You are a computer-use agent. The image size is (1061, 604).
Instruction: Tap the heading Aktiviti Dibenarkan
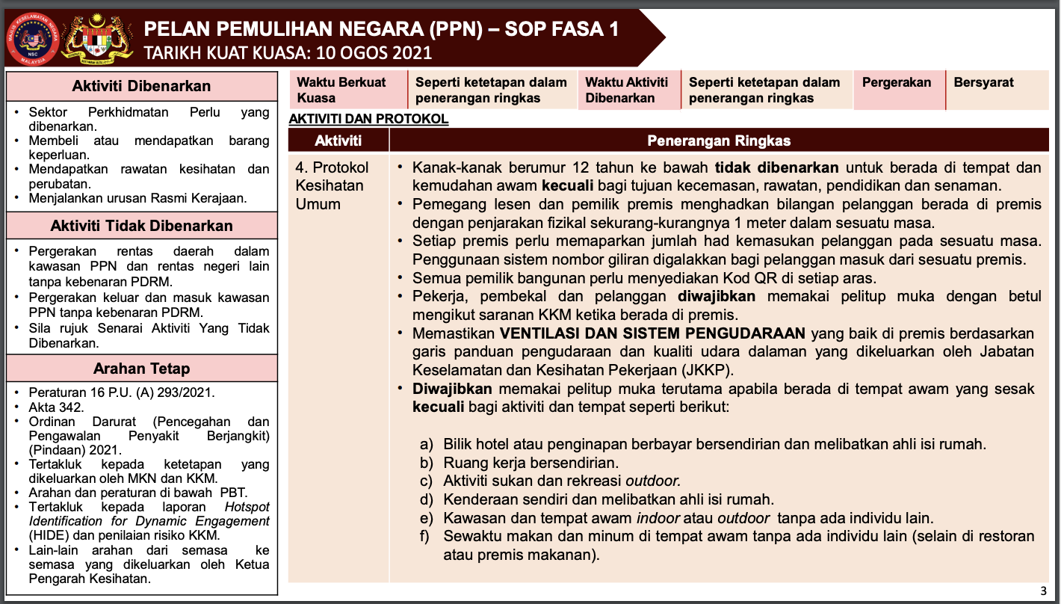pos(141,86)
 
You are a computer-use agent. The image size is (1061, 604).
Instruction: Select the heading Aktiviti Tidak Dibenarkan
pos(141,226)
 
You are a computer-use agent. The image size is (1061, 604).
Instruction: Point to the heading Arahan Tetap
pos(141,369)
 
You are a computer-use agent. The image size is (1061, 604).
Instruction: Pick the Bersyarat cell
pos(983,82)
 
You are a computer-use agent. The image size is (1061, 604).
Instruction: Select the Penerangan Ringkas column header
pos(719,141)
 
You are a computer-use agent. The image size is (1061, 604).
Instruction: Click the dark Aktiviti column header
pos(338,141)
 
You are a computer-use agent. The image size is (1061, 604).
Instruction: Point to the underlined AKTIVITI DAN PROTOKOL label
pos(368,119)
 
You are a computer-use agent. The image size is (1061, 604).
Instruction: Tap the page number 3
pos(1043,591)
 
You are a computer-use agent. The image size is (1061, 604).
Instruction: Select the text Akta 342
pos(56,407)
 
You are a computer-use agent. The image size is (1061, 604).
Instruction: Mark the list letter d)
pos(427,499)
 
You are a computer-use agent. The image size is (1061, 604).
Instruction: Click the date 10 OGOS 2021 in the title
pos(374,53)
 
